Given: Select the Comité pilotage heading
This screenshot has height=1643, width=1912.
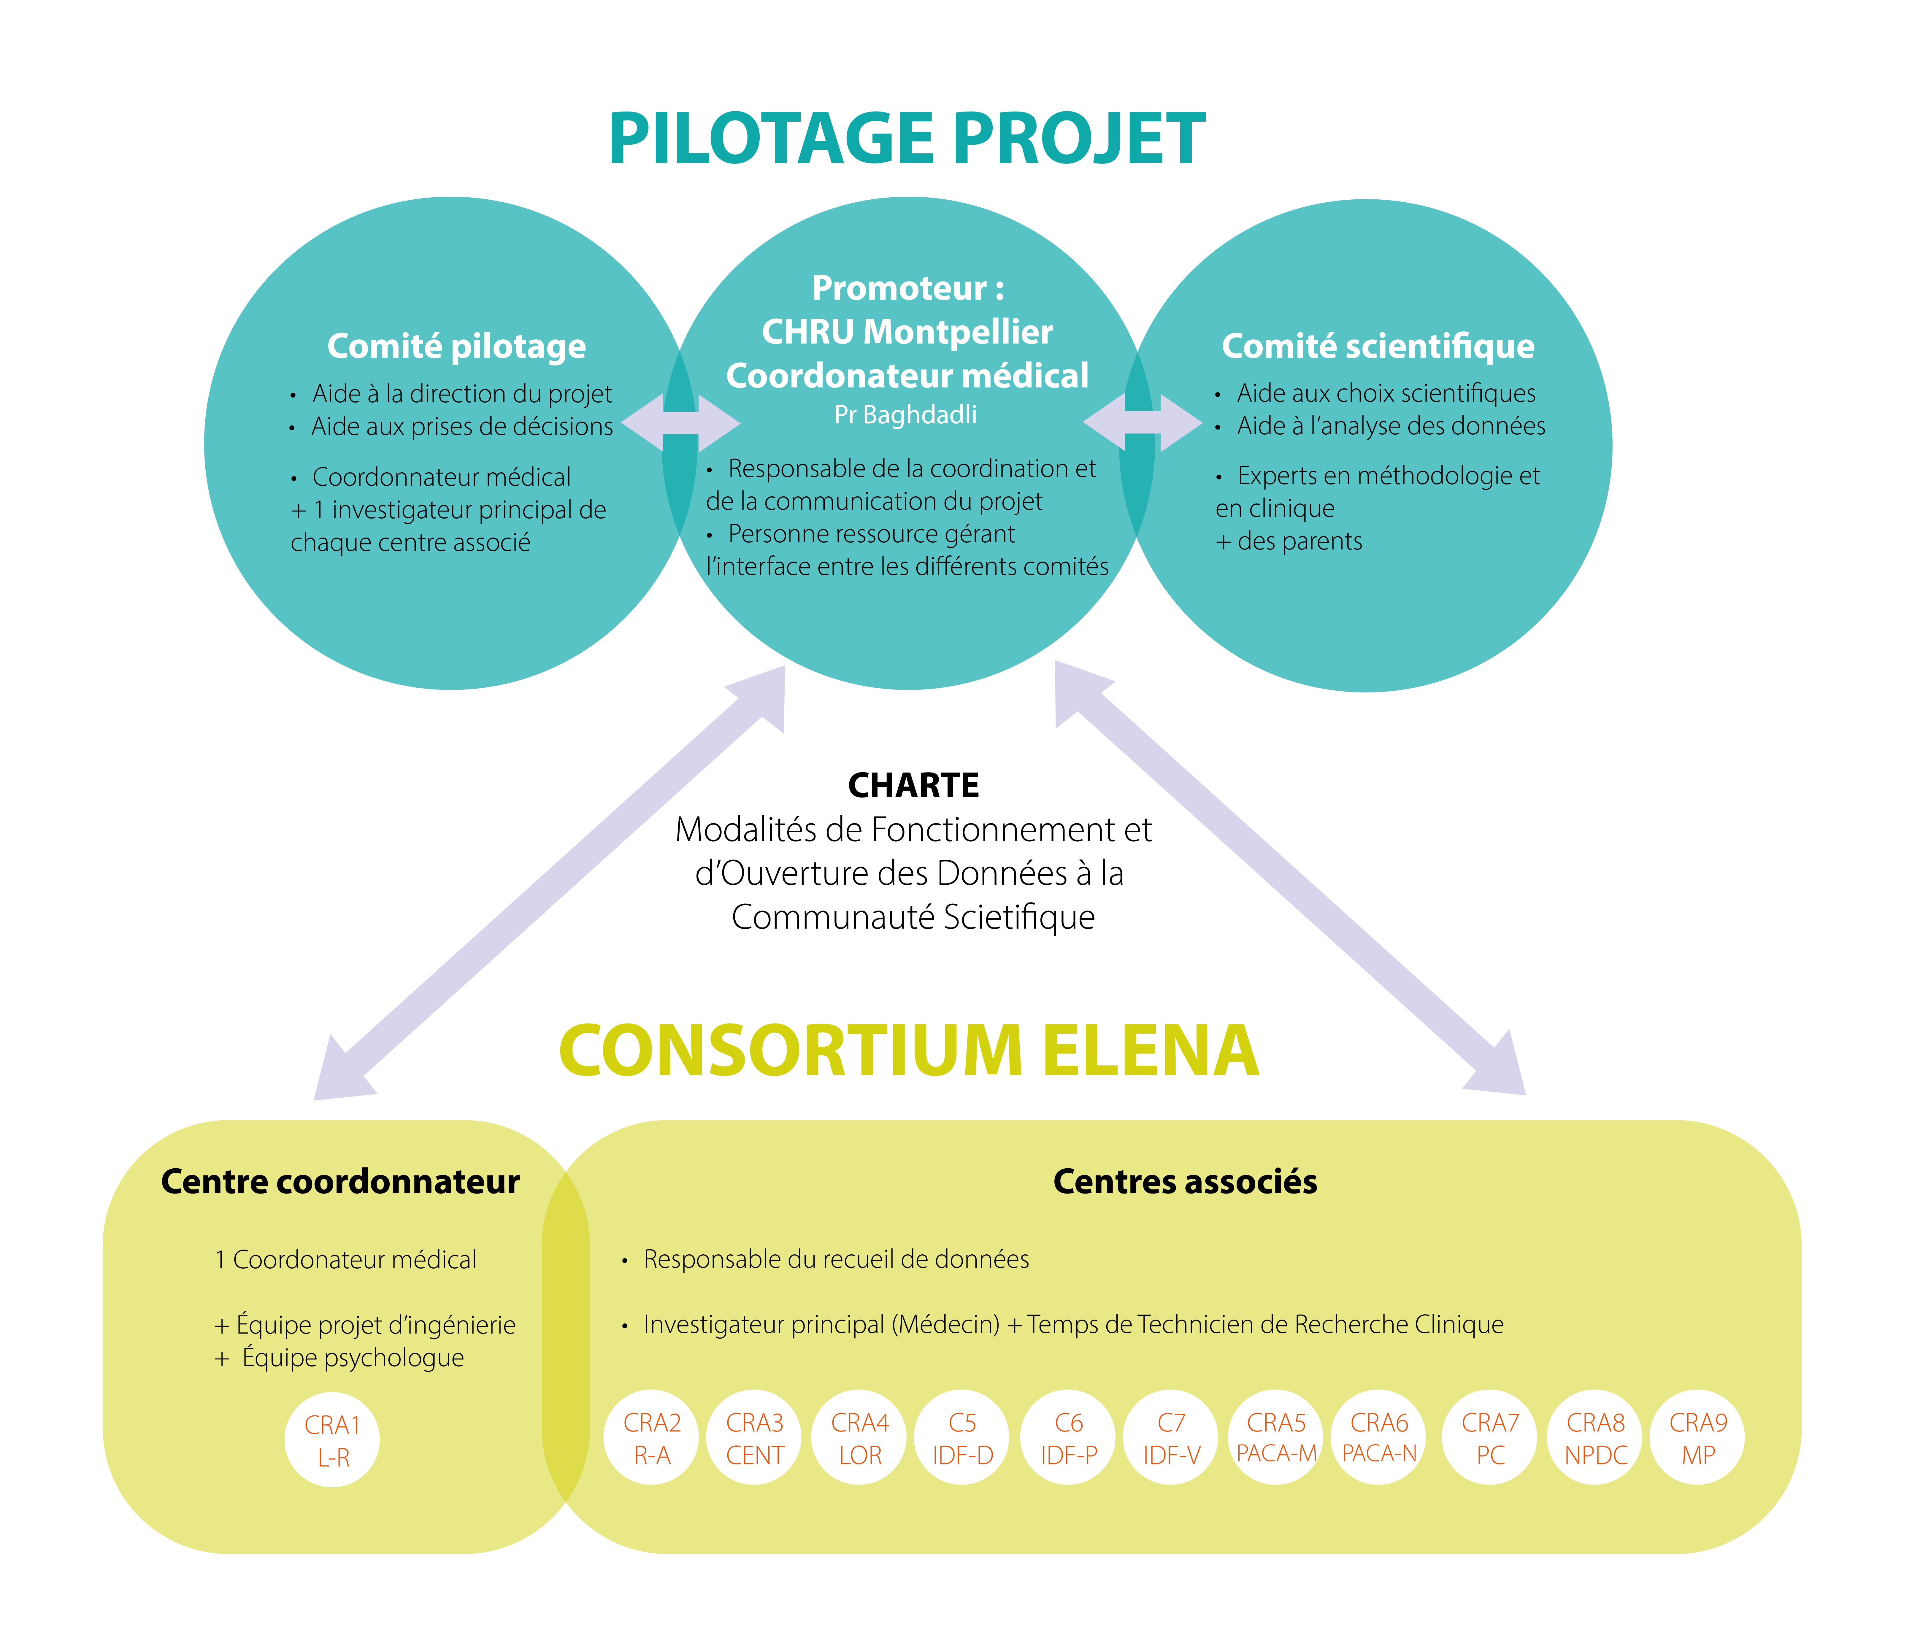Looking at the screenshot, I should point(457,346).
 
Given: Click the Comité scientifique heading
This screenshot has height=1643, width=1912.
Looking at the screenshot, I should point(1378,346).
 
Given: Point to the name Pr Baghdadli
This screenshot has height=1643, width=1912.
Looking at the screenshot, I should point(905,415).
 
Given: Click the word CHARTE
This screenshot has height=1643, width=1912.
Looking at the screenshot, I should point(913,785).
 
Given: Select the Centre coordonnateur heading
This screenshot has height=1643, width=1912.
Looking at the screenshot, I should point(340,1182).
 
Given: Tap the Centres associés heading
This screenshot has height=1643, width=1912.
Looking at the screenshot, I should point(1185,1182).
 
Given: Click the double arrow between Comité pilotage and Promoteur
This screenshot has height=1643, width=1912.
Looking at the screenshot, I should point(681,423).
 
